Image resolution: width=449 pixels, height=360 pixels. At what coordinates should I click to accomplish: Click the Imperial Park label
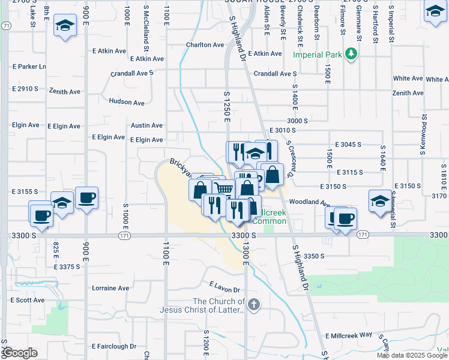[318, 55]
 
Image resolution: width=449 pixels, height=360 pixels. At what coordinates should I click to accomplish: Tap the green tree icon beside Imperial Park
[352, 55]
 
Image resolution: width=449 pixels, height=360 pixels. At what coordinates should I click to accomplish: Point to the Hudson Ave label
[127, 103]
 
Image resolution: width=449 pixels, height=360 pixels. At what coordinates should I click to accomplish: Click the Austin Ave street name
[147, 125]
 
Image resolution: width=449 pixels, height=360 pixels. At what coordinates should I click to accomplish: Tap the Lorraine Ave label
[110, 288]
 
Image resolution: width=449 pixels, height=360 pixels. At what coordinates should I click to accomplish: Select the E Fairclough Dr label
[114, 346]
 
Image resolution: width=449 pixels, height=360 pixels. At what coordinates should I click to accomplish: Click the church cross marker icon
[255, 304]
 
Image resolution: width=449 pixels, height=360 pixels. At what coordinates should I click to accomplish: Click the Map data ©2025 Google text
[412, 355]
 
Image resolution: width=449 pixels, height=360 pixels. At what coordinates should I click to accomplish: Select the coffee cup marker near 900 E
[86, 197]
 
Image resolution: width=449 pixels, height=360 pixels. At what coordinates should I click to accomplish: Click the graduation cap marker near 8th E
[64, 26]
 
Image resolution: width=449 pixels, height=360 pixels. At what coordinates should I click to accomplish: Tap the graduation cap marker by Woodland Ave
[379, 200]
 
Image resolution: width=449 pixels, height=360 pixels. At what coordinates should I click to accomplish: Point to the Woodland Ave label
[309, 203]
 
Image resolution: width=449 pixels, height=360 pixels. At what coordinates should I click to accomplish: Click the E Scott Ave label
[28, 300]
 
